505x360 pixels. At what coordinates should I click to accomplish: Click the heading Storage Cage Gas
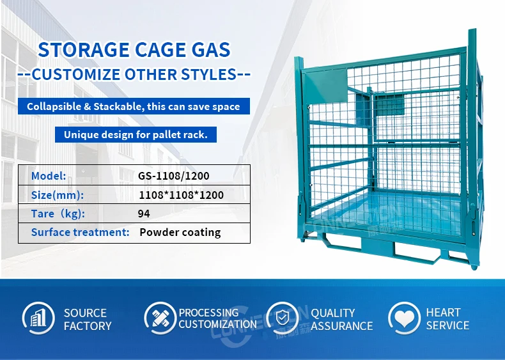tap(134, 49)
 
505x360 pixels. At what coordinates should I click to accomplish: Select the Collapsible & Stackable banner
tap(134, 106)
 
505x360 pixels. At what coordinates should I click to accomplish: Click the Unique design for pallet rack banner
tap(136, 134)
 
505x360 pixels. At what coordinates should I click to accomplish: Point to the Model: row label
tap(49, 175)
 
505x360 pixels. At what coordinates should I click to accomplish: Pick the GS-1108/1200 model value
tap(174, 175)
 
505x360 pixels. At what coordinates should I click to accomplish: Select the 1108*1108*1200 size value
tap(182, 194)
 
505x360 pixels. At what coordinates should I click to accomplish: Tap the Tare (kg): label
tap(58, 214)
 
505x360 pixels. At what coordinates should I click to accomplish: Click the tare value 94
tap(144, 214)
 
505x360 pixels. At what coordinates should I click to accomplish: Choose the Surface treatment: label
tap(81, 233)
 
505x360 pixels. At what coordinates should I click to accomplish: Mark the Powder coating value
tap(180, 233)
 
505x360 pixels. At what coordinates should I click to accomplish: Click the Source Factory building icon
tap(38, 318)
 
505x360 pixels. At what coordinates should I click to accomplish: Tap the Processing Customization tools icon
tap(160, 318)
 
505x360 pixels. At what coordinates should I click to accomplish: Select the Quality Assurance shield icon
tap(282, 318)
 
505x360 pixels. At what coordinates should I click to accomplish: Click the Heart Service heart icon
tap(404, 318)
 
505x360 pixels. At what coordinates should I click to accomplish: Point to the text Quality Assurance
tap(341, 319)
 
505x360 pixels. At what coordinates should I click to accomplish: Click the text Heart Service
tap(447, 319)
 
